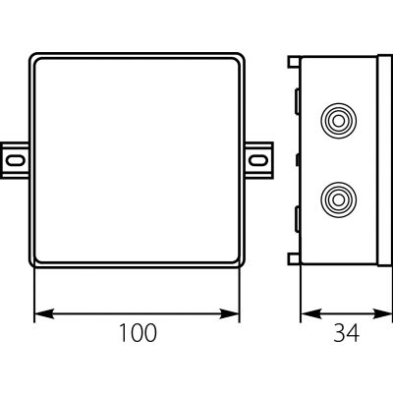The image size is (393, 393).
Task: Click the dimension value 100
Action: (x=138, y=333)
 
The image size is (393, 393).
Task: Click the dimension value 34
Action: (x=346, y=333)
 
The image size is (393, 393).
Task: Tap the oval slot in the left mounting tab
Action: (x=16, y=160)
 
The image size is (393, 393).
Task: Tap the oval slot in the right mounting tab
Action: (x=257, y=160)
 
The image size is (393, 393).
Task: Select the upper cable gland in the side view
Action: (x=338, y=121)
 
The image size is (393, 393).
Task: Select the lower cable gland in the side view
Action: (x=338, y=199)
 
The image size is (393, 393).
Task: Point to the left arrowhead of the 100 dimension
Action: (x=44, y=313)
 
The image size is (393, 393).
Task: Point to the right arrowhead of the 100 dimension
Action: (x=230, y=313)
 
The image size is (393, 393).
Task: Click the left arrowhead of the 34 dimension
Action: (x=310, y=313)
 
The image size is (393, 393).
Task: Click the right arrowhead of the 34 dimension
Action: (x=382, y=313)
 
